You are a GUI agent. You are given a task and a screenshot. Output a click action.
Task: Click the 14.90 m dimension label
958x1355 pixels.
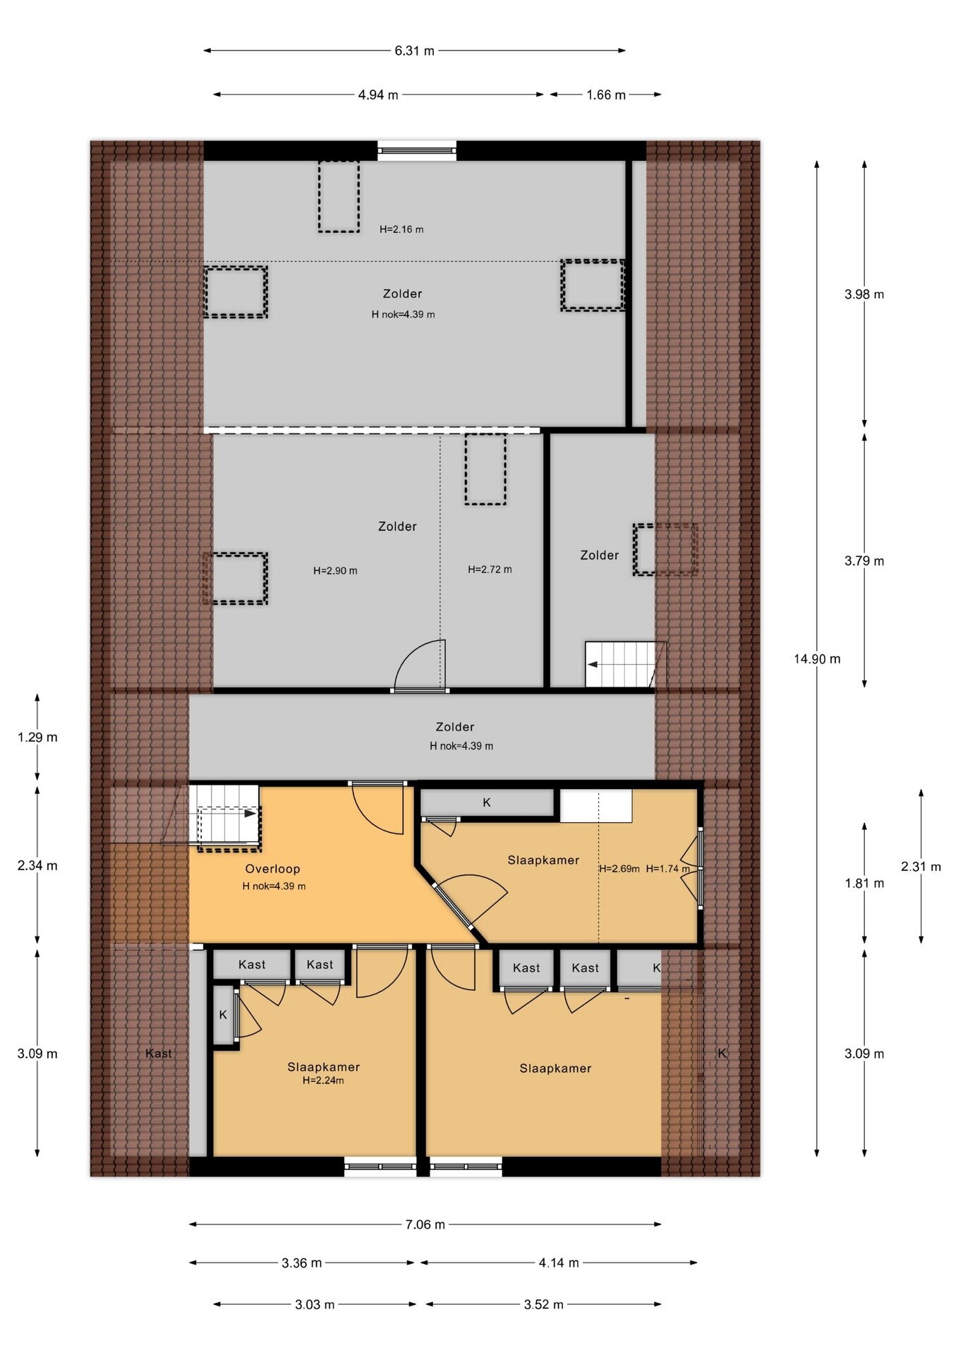[x=817, y=659]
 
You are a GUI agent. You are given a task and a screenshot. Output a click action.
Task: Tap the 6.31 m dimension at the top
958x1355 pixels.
[x=415, y=51]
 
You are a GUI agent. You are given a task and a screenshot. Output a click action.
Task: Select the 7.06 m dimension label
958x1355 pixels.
[x=425, y=1224]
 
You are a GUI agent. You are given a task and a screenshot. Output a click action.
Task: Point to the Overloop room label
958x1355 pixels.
[x=272, y=869]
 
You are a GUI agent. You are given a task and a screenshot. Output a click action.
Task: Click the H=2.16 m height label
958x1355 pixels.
[x=401, y=229]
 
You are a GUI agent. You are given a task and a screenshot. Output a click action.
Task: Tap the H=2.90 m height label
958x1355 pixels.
[x=335, y=571]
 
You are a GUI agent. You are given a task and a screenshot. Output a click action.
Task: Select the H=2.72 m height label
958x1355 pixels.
[x=490, y=570]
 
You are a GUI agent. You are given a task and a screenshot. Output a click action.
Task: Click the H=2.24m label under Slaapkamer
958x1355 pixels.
[x=323, y=1080]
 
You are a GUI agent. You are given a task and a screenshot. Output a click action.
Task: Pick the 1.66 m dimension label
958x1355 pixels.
[x=606, y=95]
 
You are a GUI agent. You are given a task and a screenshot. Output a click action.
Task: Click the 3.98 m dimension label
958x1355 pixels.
[x=864, y=294]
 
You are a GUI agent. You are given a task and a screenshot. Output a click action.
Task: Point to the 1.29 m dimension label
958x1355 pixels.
[x=37, y=737]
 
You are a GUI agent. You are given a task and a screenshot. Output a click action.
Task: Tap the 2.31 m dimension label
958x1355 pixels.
[x=921, y=867]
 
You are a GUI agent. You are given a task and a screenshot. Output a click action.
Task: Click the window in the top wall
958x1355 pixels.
[x=417, y=150]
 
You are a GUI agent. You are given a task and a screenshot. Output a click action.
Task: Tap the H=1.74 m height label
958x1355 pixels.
[x=667, y=869]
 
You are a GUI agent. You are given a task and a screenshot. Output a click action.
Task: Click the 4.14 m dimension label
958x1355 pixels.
[x=559, y=1263]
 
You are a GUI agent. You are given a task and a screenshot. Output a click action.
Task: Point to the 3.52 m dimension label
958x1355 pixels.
[x=543, y=1305]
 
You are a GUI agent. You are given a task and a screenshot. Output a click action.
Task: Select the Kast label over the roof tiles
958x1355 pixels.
[x=159, y=1054]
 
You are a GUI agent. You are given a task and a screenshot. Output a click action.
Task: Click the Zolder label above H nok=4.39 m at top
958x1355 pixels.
[x=402, y=294]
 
